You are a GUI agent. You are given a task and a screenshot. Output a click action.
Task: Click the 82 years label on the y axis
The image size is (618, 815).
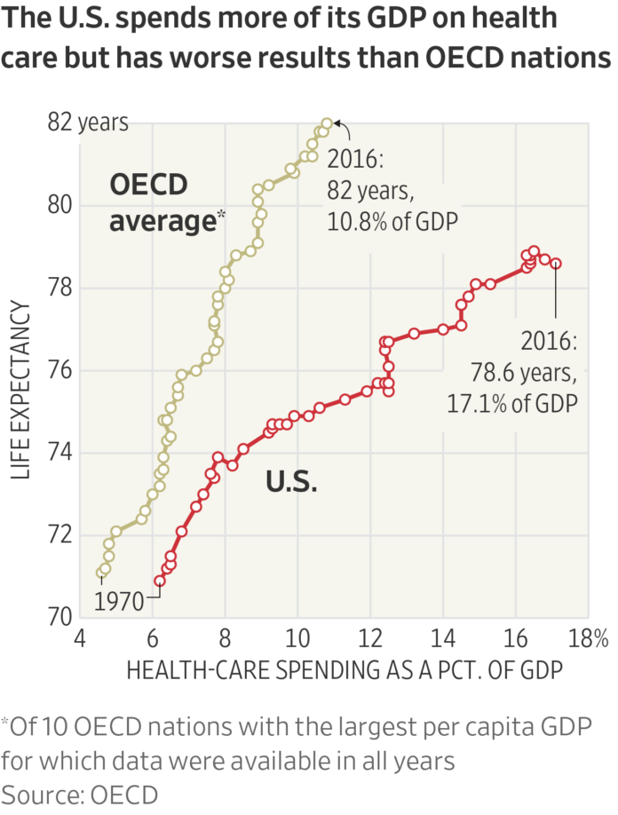click(88, 123)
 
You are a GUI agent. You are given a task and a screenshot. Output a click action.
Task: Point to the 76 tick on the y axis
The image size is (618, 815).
click(59, 370)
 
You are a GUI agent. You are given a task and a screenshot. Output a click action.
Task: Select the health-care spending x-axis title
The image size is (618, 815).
click(345, 670)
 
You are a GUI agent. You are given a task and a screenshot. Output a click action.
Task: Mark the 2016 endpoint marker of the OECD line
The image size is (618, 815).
click(327, 124)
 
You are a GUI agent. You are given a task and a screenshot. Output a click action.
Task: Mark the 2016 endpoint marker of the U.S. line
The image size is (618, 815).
click(556, 263)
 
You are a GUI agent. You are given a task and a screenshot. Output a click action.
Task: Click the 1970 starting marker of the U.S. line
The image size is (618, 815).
click(160, 581)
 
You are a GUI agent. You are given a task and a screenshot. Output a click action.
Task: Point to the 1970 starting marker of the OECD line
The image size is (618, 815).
click(101, 573)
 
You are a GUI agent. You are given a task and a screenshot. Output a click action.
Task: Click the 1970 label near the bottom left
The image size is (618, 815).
click(119, 602)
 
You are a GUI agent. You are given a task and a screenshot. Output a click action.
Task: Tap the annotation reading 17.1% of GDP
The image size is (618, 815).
click(513, 402)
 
